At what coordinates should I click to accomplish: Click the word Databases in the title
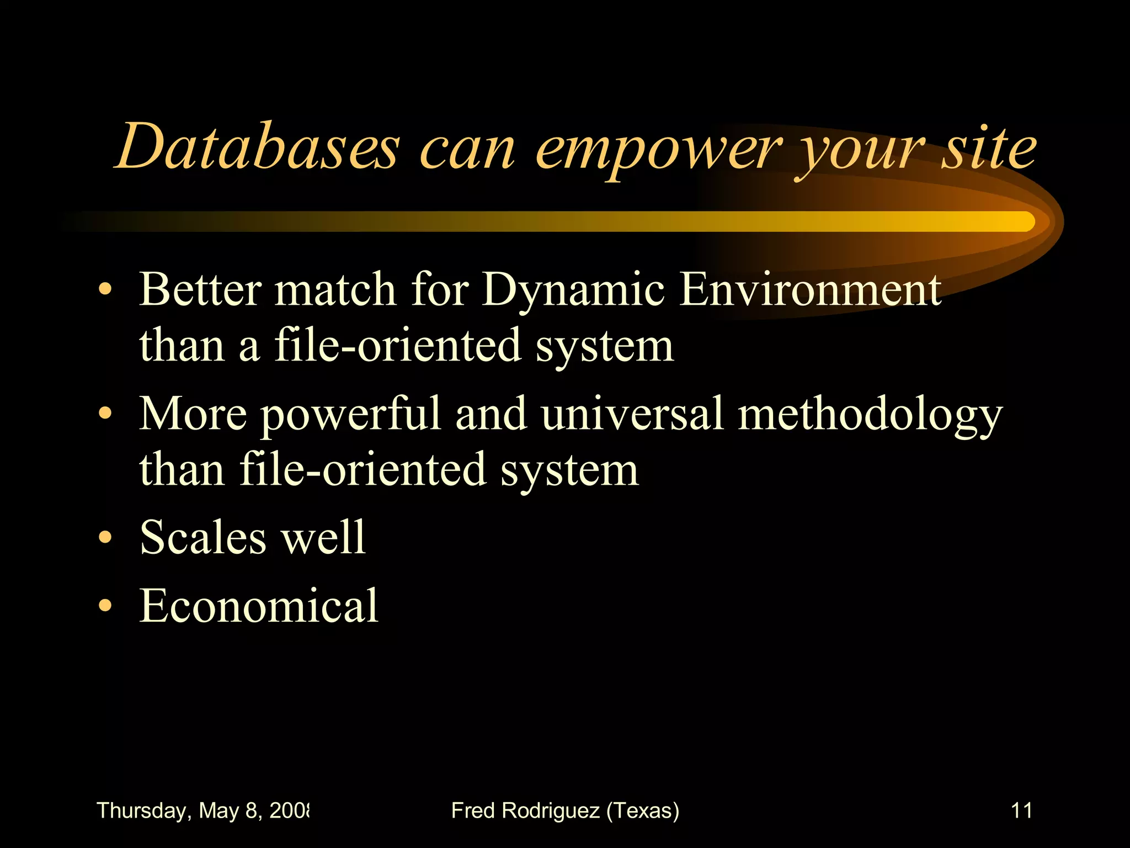[257, 147]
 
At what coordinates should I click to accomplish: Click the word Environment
[810, 289]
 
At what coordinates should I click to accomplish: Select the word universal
[631, 414]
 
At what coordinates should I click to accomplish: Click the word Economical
[259, 605]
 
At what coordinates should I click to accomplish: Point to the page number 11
[1021, 810]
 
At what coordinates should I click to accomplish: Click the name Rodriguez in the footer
[551, 810]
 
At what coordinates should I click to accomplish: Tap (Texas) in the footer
[643, 810]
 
